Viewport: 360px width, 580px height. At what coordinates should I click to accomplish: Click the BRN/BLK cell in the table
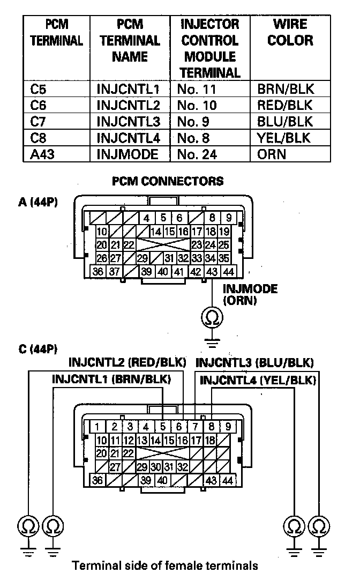coord(285,89)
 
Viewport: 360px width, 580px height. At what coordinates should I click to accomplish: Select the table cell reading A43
coord(39,154)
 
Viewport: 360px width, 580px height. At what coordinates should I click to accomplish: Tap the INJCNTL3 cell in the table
coord(129,122)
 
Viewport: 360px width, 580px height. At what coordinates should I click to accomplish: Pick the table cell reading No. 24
coord(198,154)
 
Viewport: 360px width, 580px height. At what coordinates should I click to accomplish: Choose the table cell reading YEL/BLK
coord(283,138)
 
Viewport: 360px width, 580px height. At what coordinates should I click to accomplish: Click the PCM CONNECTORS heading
coord(167,181)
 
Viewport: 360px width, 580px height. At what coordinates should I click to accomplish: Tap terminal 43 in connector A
coord(213,272)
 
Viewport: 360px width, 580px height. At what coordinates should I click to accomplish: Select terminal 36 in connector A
coord(99,272)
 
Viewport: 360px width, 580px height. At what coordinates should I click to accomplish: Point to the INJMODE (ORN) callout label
coord(250,295)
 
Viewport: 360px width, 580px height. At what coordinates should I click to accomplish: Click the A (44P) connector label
coord(38,202)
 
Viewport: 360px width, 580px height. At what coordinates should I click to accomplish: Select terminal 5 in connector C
coord(162,427)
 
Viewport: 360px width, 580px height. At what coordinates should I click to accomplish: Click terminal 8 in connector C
coord(212,427)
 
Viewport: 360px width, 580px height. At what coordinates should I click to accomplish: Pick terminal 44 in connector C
coord(228,480)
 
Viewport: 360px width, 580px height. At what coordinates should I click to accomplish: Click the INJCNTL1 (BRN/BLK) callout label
coord(111,379)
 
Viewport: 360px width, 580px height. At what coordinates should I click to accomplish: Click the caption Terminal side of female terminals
coord(165,566)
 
